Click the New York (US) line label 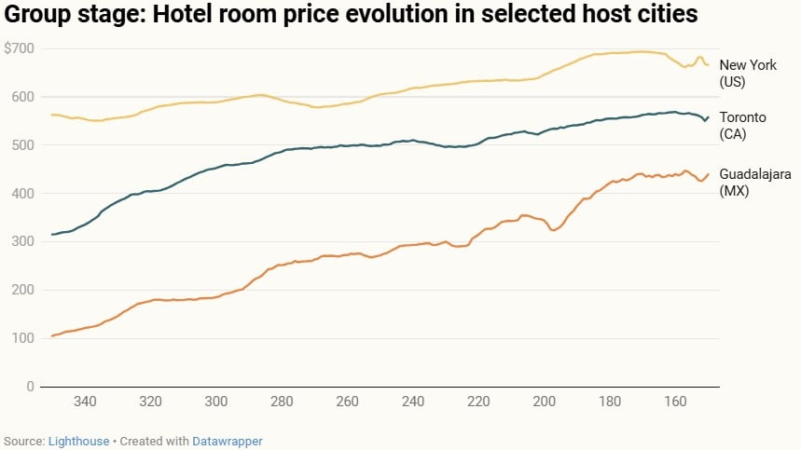(x=746, y=73)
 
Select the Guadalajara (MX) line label (x=752, y=181)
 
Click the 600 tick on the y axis (x=21, y=97)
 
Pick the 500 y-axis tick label (x=21, y=145)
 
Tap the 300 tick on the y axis (x=21, y=241)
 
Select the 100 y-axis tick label (x=21, y=338)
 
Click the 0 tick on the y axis (x=30, y=386)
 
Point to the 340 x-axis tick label (x=85, y=402)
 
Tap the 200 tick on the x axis (x=545, y=402)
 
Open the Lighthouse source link (x=78, y=441)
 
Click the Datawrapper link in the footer (x=228, y=441)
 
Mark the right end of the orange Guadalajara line (x=709, y=174)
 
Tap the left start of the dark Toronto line (x=52, y=234)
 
